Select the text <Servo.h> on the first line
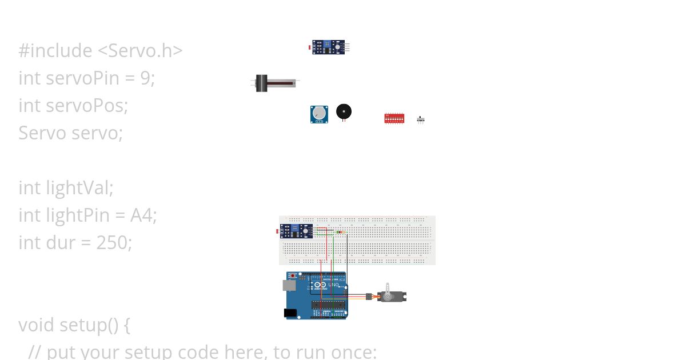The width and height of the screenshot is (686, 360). (140, 51)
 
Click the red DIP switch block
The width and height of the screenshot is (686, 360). (394, 118)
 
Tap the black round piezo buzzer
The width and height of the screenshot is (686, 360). (344, 111)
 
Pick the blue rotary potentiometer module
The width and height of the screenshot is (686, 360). (319, 114)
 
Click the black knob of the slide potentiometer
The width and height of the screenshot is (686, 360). (262, 83)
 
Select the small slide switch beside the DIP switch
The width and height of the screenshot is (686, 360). (421, 119)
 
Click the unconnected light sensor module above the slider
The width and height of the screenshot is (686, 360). (329, 47)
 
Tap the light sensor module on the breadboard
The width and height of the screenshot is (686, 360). (296, 231)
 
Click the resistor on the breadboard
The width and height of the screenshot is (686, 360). (341, 232)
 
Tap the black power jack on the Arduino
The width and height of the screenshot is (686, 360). (290, 313)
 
